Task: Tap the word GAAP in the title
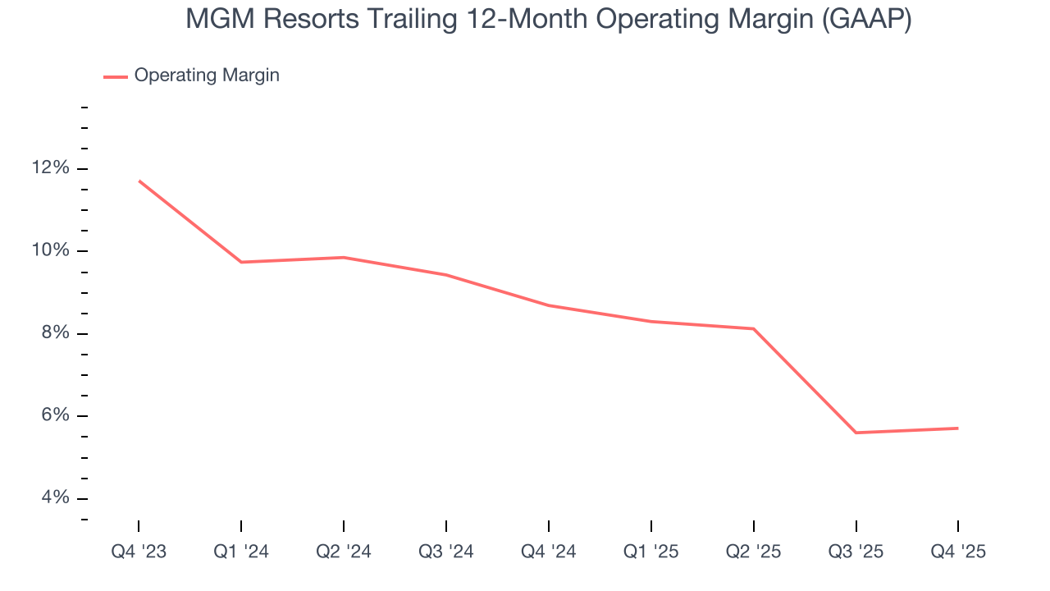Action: coord(866,20)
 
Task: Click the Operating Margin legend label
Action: coord(207,76)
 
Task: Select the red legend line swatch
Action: coord(116,76)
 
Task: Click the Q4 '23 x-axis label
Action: coord(139,552)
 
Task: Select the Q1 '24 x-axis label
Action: coord(241,552)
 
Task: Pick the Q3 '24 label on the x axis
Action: coord(445,552)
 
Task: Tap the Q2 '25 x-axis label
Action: coord(753,552)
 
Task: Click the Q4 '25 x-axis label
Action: coord(958,552)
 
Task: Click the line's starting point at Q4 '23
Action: coord(139,181)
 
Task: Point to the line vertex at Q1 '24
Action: coord(241,262)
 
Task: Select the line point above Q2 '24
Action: coord(344,257)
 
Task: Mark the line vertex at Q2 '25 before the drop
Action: coord(753,329)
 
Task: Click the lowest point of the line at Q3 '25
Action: coord(856,433)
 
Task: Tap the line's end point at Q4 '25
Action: coord(958,428)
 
